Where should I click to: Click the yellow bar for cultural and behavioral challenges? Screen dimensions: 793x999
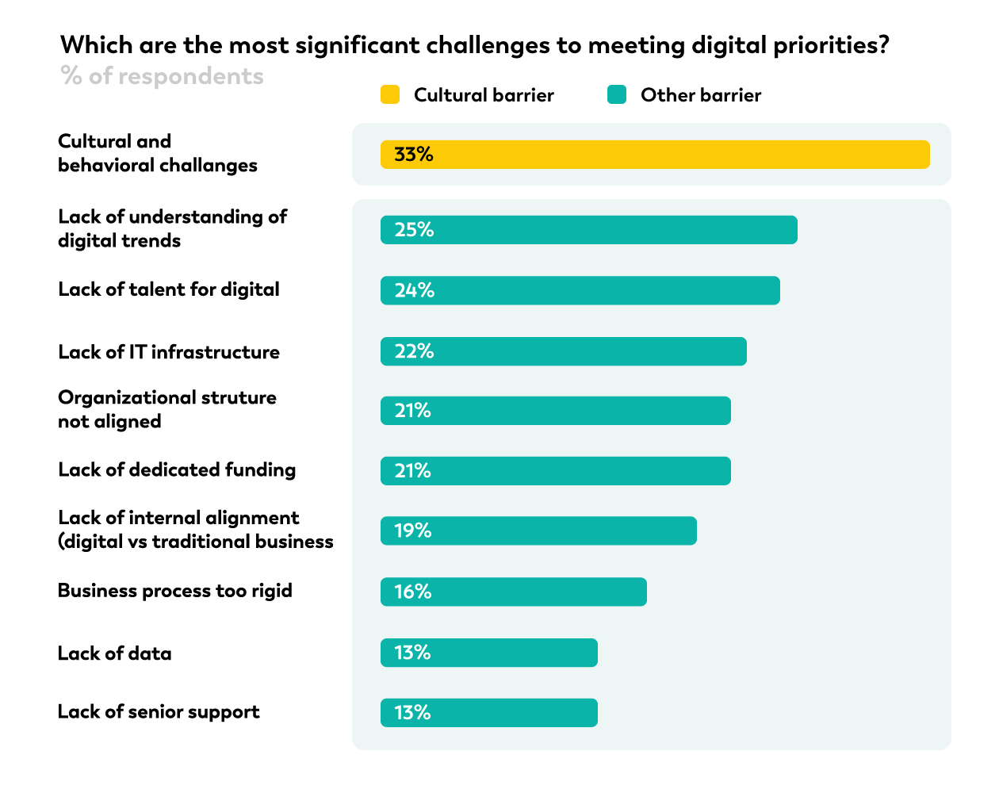655,155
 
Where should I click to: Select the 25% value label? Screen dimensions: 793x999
414,230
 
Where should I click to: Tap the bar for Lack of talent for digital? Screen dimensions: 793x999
580,291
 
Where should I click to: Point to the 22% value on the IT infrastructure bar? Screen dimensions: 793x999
414,351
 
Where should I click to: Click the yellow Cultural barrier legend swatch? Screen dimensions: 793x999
390,95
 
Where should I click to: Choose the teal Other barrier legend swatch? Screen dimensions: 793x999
617,95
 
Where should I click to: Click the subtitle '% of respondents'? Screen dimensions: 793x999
163,76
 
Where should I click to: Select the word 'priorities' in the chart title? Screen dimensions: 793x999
825,46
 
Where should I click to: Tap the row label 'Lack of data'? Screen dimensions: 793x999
115,653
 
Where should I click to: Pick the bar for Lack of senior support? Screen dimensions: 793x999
489,713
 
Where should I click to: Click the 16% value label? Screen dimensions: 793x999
413,592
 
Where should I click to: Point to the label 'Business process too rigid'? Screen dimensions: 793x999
175,591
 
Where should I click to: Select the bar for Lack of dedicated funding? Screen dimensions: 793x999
556,471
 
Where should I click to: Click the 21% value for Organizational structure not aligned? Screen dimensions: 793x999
413,411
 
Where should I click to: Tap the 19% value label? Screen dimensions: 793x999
413,531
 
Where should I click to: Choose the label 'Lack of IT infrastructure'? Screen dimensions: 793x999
169,352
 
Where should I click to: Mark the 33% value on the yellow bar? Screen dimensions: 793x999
414,155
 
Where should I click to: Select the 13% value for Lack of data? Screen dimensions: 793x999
413,653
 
